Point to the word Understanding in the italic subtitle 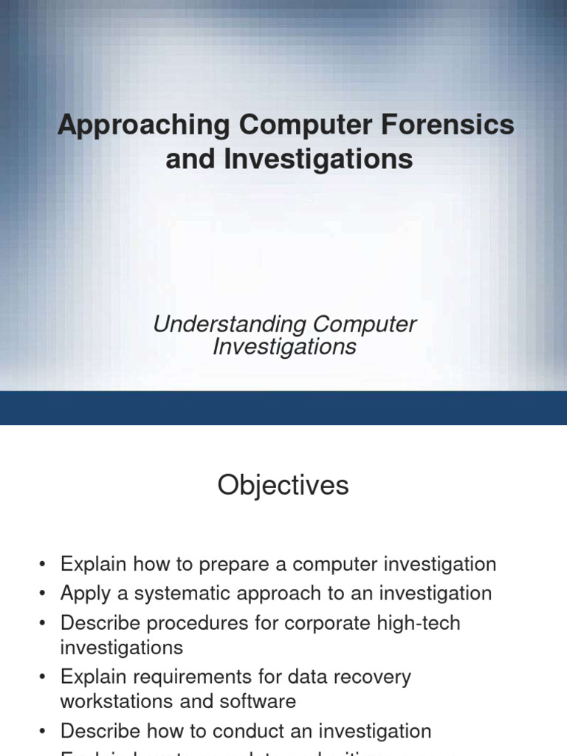tap(229, 324)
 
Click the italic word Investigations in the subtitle tap(284, 346)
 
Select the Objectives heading tap(283, 486)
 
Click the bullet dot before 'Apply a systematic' tap(44, 594)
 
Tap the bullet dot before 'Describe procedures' tap(44, 624)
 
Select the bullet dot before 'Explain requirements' tap(44, 678)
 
